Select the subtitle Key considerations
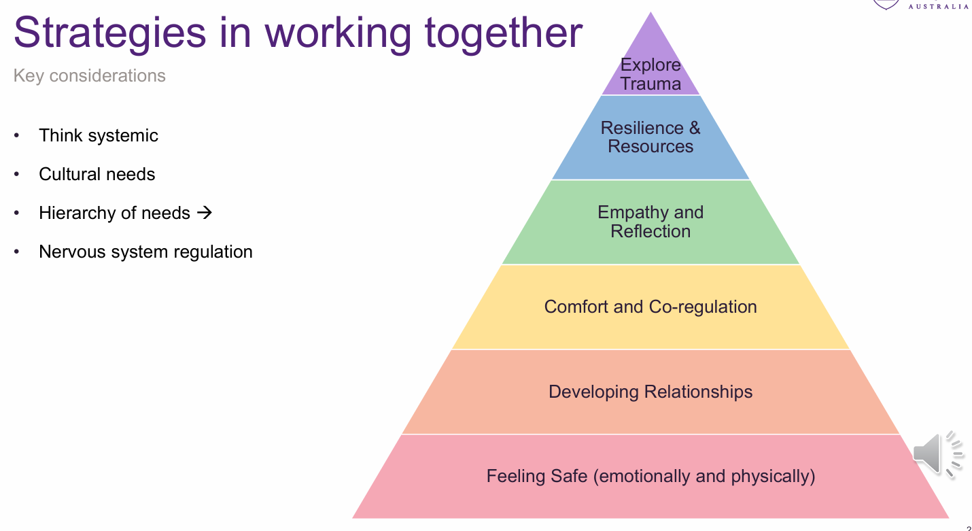(x=90, y=75)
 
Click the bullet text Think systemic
(x=99, y=135)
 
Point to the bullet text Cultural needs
(x=97, y=174)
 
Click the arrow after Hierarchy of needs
(x=204, y=213)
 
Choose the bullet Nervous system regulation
(x=145, y=252)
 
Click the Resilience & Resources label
(x=650, y=137)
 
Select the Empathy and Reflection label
(x=650, y=222)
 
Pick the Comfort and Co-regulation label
(x=650, y=307)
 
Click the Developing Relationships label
(x=650, y=392)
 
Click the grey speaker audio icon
(x=937, y=452)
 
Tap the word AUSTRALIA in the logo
(x=939, y=6)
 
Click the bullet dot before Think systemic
(x=17, y=136)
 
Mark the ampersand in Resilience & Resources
(x=695, y=128)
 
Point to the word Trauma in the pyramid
(x=650, y=84)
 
